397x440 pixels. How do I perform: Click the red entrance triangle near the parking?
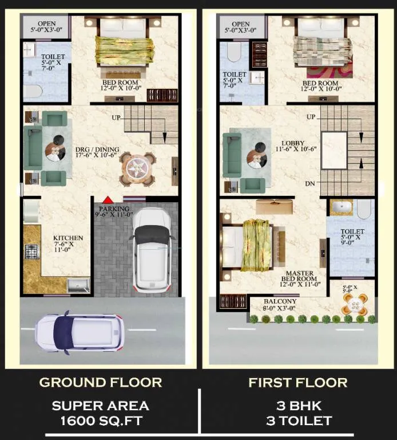click(x=108, y=200)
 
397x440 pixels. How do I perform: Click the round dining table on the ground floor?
click(x=137, y=169)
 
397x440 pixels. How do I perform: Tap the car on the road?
click(x=79, y=333)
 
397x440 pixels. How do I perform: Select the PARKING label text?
click(x=114, y=209)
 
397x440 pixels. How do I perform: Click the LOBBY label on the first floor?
click(x=293, y=143)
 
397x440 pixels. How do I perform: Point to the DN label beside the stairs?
click(x=310, y=184)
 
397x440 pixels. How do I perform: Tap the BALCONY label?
click(x=280, y=301)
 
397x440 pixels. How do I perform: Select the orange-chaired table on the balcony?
click(x=355, y=304)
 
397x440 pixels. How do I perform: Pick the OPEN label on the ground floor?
click(x=47, y=23)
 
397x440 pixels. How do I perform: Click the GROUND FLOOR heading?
click(x=101, y=383)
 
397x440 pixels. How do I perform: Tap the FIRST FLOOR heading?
click(x=298, y=383)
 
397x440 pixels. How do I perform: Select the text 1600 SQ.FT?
click(x=101, y=421)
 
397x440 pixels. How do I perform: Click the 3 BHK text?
click(x=299, y=406)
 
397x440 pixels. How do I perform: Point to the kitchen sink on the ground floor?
click(x=78, y=285)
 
